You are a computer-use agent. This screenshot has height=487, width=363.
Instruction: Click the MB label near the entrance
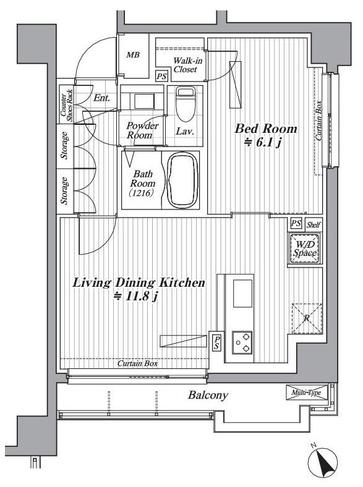(133, 55)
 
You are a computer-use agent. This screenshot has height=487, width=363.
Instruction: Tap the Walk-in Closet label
(187, 65)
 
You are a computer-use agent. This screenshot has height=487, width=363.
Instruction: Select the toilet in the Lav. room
(185, 104)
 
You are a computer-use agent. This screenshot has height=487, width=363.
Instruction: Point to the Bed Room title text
(265, 129)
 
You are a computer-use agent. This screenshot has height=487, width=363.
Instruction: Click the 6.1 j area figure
(263, 143)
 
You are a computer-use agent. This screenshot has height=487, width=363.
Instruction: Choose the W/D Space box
(305, 249)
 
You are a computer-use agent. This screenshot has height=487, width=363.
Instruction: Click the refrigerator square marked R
(307, 318)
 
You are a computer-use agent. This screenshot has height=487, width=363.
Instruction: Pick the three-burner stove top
(242, 342)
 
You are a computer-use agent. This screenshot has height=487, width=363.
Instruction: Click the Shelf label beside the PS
(314, 224)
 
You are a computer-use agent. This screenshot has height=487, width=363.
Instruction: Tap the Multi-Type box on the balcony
(307, 392)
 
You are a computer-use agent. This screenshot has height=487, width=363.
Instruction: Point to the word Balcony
(208, 395)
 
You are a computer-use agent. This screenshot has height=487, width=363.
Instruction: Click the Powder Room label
(142, 130)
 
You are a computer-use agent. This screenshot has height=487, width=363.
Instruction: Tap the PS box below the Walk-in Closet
(161, 76)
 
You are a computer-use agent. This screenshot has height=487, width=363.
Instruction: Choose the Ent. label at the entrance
(101, 98)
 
